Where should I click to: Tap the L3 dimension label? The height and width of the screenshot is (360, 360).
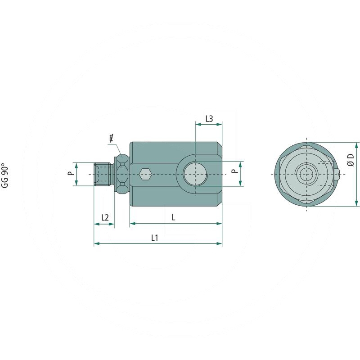click(x=209, y=119)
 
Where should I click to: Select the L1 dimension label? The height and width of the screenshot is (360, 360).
click(x=154, y=238)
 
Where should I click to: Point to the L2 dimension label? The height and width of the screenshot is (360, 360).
click(x=105, y=217)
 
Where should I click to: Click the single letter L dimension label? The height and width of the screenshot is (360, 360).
click(x=174, y=217)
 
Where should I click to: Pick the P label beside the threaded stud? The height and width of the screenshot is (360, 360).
click(x=69, y=174)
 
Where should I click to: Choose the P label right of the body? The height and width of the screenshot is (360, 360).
click(x=233, y=171)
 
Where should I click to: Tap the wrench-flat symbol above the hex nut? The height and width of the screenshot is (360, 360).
click(x=111, y=139)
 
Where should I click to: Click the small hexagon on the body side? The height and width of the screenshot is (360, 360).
click(x=144, y=174)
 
